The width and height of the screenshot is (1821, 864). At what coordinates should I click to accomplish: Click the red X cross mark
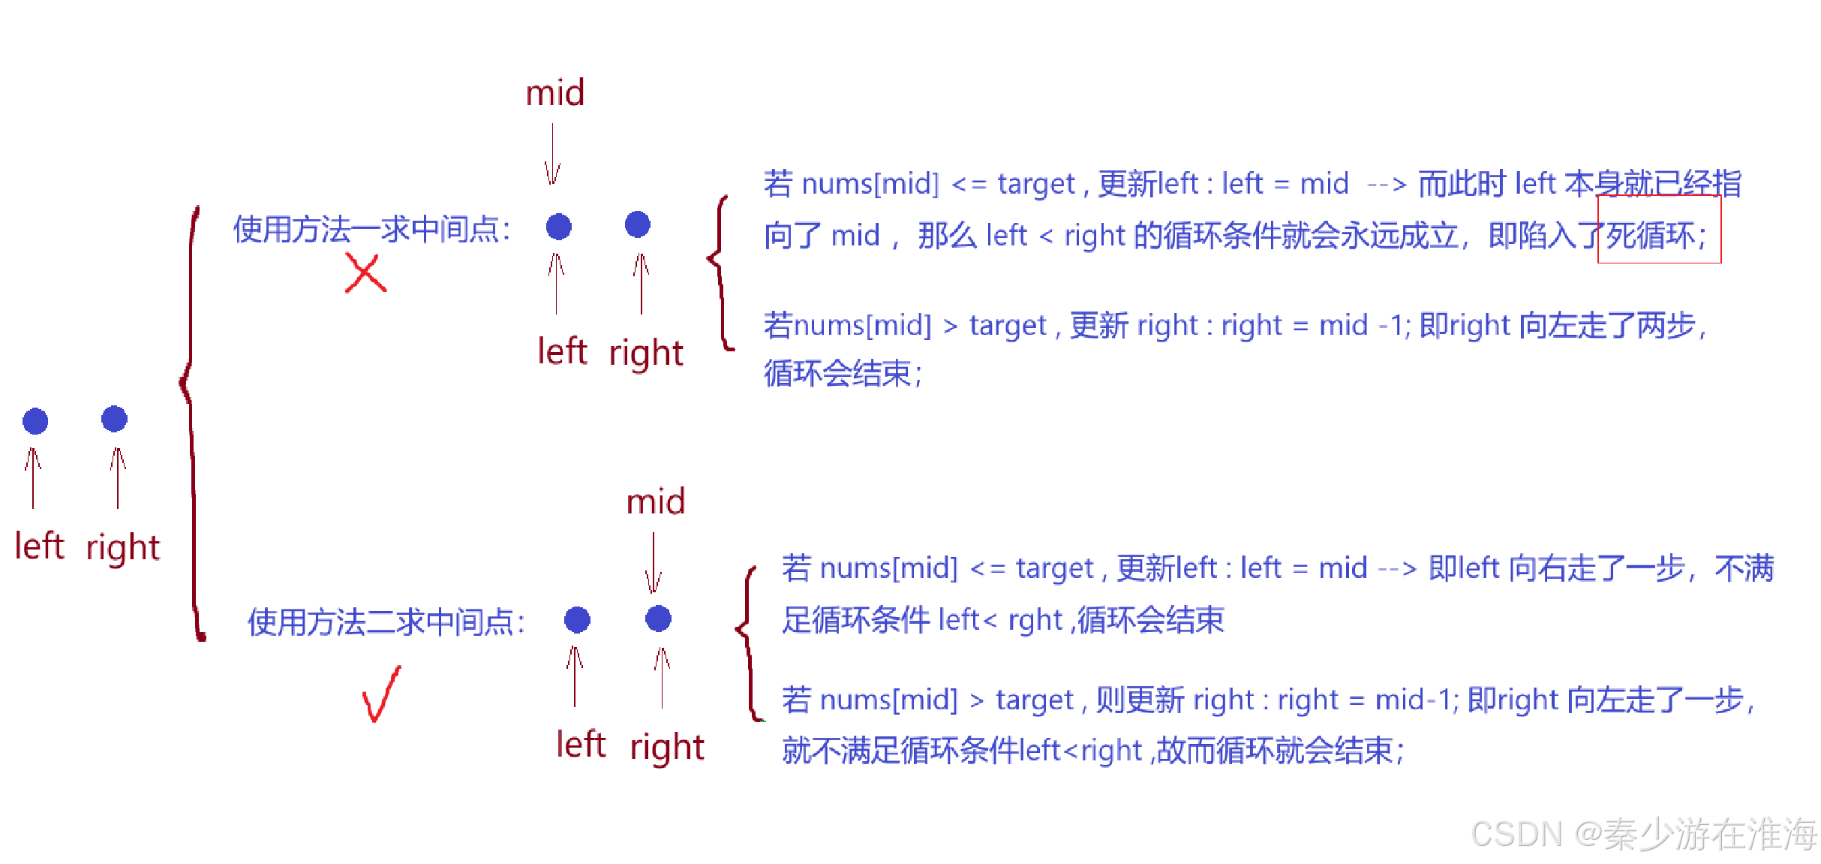(365, 273)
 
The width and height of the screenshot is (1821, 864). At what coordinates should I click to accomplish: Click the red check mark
(381, 695)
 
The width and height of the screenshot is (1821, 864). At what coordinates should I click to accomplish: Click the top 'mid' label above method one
(554, 94)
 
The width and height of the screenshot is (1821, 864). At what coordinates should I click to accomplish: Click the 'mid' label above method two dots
(656, 501)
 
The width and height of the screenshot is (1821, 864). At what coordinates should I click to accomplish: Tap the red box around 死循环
(1659, 230)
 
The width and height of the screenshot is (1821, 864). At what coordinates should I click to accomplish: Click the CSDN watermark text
(1642, 834)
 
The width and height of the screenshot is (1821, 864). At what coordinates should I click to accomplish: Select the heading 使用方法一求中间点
(372, 230)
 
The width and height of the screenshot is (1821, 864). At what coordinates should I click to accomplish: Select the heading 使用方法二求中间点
(386, 622)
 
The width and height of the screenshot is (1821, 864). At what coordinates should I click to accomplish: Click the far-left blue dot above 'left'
(35, 421)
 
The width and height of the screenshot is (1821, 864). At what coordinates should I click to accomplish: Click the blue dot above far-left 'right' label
(114, 419)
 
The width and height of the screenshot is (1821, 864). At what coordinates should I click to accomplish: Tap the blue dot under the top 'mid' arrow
(558, 226)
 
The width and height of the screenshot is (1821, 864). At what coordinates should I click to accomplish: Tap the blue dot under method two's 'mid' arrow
(658, 619)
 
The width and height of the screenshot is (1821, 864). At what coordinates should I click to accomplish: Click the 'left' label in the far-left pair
(39, 546)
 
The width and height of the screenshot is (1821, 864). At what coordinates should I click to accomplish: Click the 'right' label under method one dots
(645, 353)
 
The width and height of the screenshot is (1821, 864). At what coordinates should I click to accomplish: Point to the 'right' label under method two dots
(666, 747)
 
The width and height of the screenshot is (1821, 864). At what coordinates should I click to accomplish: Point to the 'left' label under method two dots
(581, 745)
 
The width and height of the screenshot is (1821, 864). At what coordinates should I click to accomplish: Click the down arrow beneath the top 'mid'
(553, 155)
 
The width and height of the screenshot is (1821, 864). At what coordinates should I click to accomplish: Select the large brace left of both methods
(192, 420)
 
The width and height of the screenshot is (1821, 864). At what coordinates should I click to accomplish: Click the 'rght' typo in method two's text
(1035, 621)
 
